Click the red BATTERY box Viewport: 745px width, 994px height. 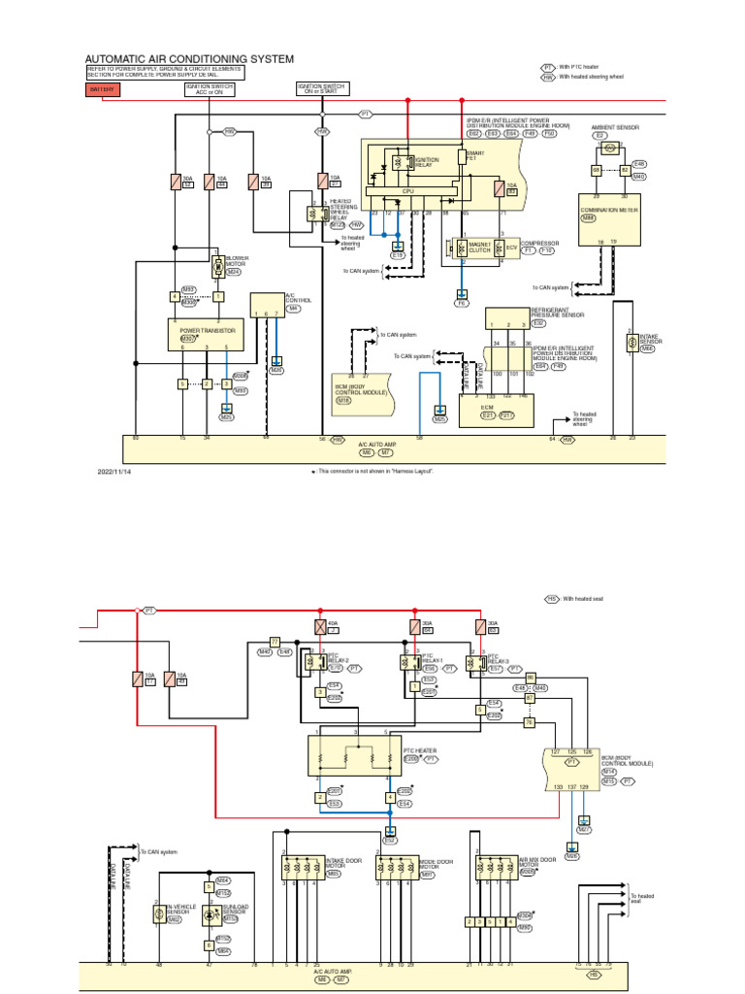click(103, 89)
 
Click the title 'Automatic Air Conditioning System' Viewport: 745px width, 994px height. click(189, 59)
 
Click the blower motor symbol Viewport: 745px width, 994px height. click(218, 265)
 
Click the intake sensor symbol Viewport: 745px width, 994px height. click(631, 344)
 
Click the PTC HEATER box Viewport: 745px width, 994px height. click(354, 755)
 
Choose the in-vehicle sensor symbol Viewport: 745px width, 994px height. click(158, 914)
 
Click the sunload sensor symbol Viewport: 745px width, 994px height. click(209, 914)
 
